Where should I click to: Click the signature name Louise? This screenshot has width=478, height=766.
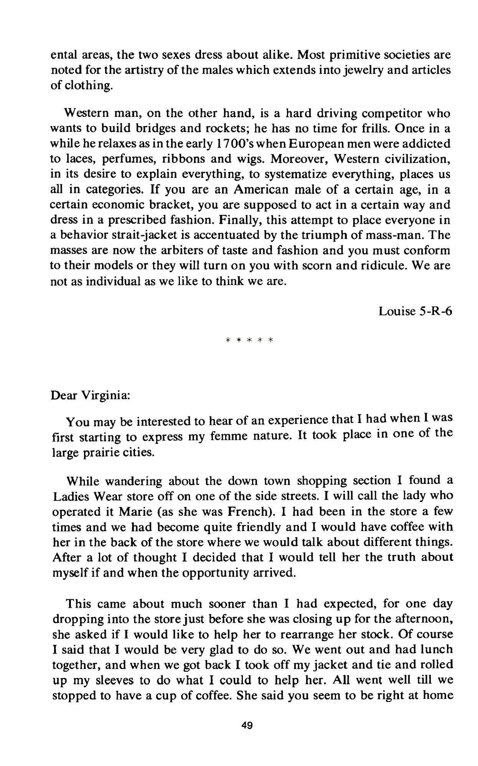pos(396,311)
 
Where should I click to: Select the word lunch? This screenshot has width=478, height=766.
pos(433,650)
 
